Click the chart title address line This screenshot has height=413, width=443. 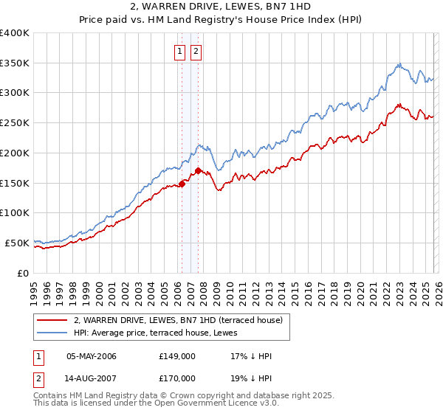[x=221, y=7]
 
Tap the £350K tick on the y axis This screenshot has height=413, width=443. [x=15, y=63]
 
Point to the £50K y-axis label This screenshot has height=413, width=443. [x=17, y=243]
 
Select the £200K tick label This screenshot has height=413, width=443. [x=15, y=153]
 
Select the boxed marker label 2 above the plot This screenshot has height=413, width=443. [x=196, y=52]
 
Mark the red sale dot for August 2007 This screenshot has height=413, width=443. [x=198, y=171]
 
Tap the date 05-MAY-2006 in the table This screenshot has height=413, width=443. [x=92, y=356]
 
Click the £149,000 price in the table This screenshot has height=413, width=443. [x=176, y=356]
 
